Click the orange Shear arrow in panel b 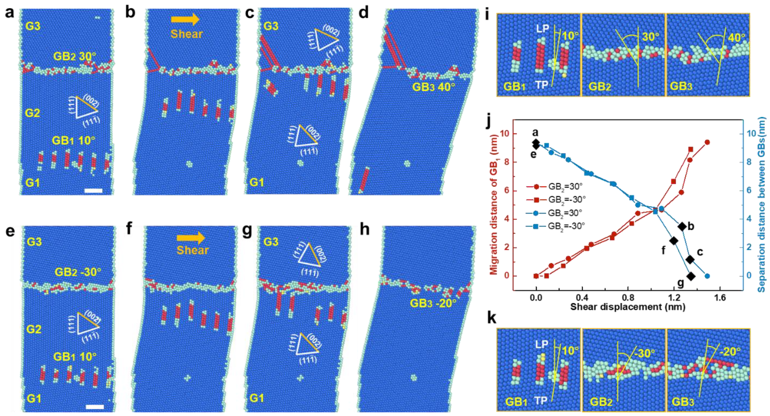185,19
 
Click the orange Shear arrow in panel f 191,238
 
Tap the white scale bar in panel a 93,191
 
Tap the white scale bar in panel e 95,407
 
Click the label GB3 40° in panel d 434,87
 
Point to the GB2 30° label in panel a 75,56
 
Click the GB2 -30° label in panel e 78,272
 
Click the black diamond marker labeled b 682,227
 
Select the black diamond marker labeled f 674,241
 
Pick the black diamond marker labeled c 690,260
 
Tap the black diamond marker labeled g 691,276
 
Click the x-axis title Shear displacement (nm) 627,307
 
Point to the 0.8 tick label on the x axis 628,298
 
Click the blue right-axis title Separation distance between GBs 761,204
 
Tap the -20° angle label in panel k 730,352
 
